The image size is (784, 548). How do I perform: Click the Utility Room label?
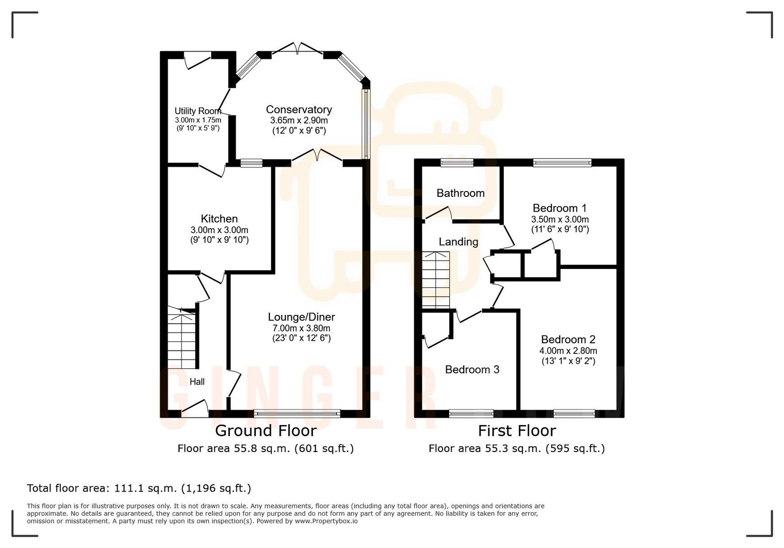[x=197, y=111]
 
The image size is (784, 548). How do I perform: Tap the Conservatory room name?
[x=299, y=110]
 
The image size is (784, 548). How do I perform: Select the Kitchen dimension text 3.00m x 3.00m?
[x=219, y=230]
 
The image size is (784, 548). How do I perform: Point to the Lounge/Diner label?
[x=301, y=317]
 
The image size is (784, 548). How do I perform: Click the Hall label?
[x=197, y=381]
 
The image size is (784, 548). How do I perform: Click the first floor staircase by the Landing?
[x=436, y=280]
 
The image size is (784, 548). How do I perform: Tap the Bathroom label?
[x=460, y=193]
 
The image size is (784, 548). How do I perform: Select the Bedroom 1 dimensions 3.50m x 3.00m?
[x=560, y=219]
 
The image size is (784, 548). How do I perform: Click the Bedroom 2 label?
[x=568, y=339]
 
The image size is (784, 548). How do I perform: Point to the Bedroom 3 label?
[x=472, y=370]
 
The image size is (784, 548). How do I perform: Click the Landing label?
[x=458, y=241]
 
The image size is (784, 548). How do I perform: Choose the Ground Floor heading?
[x=266, y=431]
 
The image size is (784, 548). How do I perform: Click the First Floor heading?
[x=517, y=431]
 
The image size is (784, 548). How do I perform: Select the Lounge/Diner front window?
[x=297, y=414]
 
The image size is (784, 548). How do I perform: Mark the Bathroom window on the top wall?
[x=456, y=163]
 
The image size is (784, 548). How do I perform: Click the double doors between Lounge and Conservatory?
[x=317, y=156]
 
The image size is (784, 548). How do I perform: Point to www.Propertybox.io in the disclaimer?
[x=326, y=521]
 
